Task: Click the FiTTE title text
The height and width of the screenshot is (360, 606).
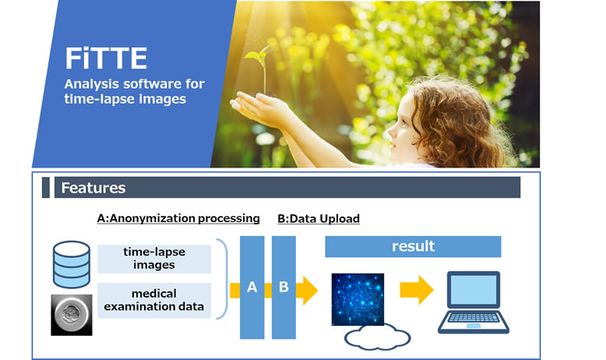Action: (106, 58)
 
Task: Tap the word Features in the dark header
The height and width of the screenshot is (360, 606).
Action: (93, 188)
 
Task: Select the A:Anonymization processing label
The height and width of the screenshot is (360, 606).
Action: (178, 218)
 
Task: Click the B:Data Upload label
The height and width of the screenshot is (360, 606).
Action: (319, 218)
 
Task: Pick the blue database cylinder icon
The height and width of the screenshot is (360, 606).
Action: (72, 264)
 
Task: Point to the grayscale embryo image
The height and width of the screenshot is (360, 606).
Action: (72, 315)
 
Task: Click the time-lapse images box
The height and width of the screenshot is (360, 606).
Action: (154, 259)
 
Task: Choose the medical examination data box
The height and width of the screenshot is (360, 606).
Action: (154, 301)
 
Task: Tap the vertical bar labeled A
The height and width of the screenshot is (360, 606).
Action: (252, 288)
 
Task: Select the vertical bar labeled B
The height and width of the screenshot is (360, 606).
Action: (284, 288)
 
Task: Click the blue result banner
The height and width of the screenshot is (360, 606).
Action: (413, 247)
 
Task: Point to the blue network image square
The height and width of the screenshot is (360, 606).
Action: (358, 299)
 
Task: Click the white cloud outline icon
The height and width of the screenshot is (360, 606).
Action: (377, 337)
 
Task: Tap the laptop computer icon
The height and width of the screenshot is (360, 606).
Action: (474, 302)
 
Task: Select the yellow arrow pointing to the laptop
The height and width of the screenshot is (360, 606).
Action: (417, 290)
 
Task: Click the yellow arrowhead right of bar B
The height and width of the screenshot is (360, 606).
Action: (308, 291)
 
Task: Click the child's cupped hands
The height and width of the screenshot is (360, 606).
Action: (259, 109)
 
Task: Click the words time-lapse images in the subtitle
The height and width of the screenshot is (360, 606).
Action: (125, 99)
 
